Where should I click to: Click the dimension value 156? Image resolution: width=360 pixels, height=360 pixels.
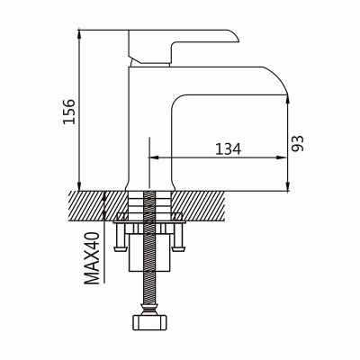(x=69, y=111)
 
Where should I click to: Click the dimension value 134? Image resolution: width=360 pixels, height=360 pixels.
(x=228, y=148)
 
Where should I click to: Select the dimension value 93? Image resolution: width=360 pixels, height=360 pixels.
(x=298, y=143)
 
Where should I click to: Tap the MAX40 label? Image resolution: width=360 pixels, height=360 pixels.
(x=92, y=258)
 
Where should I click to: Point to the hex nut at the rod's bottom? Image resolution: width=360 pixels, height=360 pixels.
(x=150, y=322)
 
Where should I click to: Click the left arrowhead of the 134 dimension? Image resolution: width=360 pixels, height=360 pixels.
(x=154, y=157)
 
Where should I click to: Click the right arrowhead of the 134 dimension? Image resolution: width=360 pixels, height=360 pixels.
(x=281, y=157)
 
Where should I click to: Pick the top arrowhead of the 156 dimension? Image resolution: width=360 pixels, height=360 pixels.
(x=79, y=33)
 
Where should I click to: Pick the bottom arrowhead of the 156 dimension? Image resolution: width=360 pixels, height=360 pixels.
(x=79, y=186)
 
